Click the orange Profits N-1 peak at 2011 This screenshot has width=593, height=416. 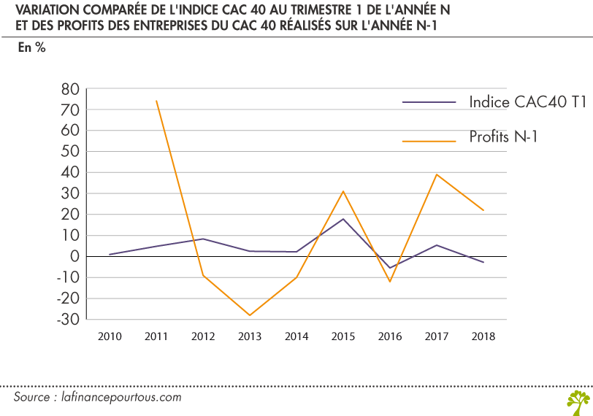click(x=156, y=101)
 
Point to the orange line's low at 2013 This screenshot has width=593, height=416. click(x=250, y=315)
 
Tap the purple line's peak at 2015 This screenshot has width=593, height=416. click(x=343, y=219)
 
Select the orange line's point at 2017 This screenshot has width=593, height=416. click(x=437, y=174)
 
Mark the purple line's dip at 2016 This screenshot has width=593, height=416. click(x=390, y=268)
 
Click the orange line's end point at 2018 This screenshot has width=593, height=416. click(x=483, y=210)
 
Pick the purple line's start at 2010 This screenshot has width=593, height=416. click(x=110, y=255)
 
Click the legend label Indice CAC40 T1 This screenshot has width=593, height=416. click(x=528, y=102)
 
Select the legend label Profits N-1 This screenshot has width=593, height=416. click(x=503, y=136)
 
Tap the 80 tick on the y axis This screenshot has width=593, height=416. click(x=69, y=89)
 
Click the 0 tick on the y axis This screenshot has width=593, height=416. click(x=74, y=257)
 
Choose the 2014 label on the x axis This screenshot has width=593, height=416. click(x=296, y=337)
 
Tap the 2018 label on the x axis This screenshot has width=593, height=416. click(x=483, y=337)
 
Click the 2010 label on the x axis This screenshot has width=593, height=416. click(x=110, y=337)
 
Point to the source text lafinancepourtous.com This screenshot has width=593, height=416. click(x=120, y=398)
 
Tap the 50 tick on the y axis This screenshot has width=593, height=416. click(x=69, y=152)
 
